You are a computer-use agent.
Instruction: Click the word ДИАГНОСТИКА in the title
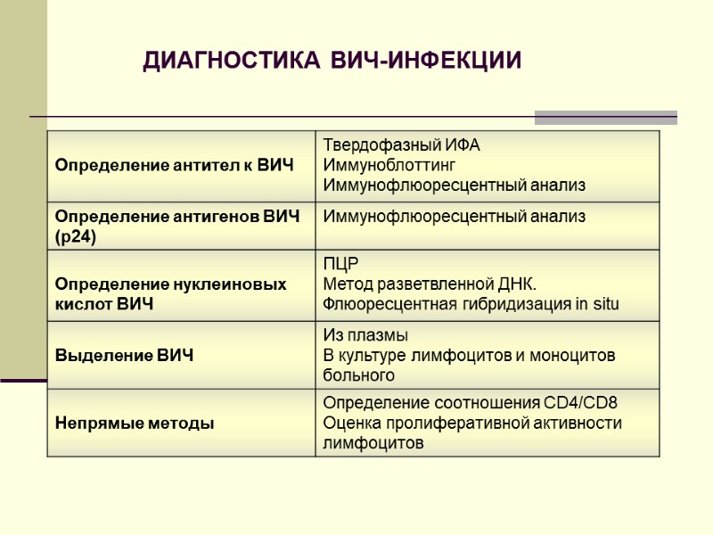232,61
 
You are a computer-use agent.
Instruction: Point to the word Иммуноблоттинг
389,165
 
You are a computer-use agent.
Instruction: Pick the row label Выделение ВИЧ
124,356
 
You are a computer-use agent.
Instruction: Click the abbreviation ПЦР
339,265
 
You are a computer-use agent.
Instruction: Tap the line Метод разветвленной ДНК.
430,284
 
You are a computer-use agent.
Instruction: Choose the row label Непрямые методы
135,424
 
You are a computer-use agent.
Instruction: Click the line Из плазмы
365,336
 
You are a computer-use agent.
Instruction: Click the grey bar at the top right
605,117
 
